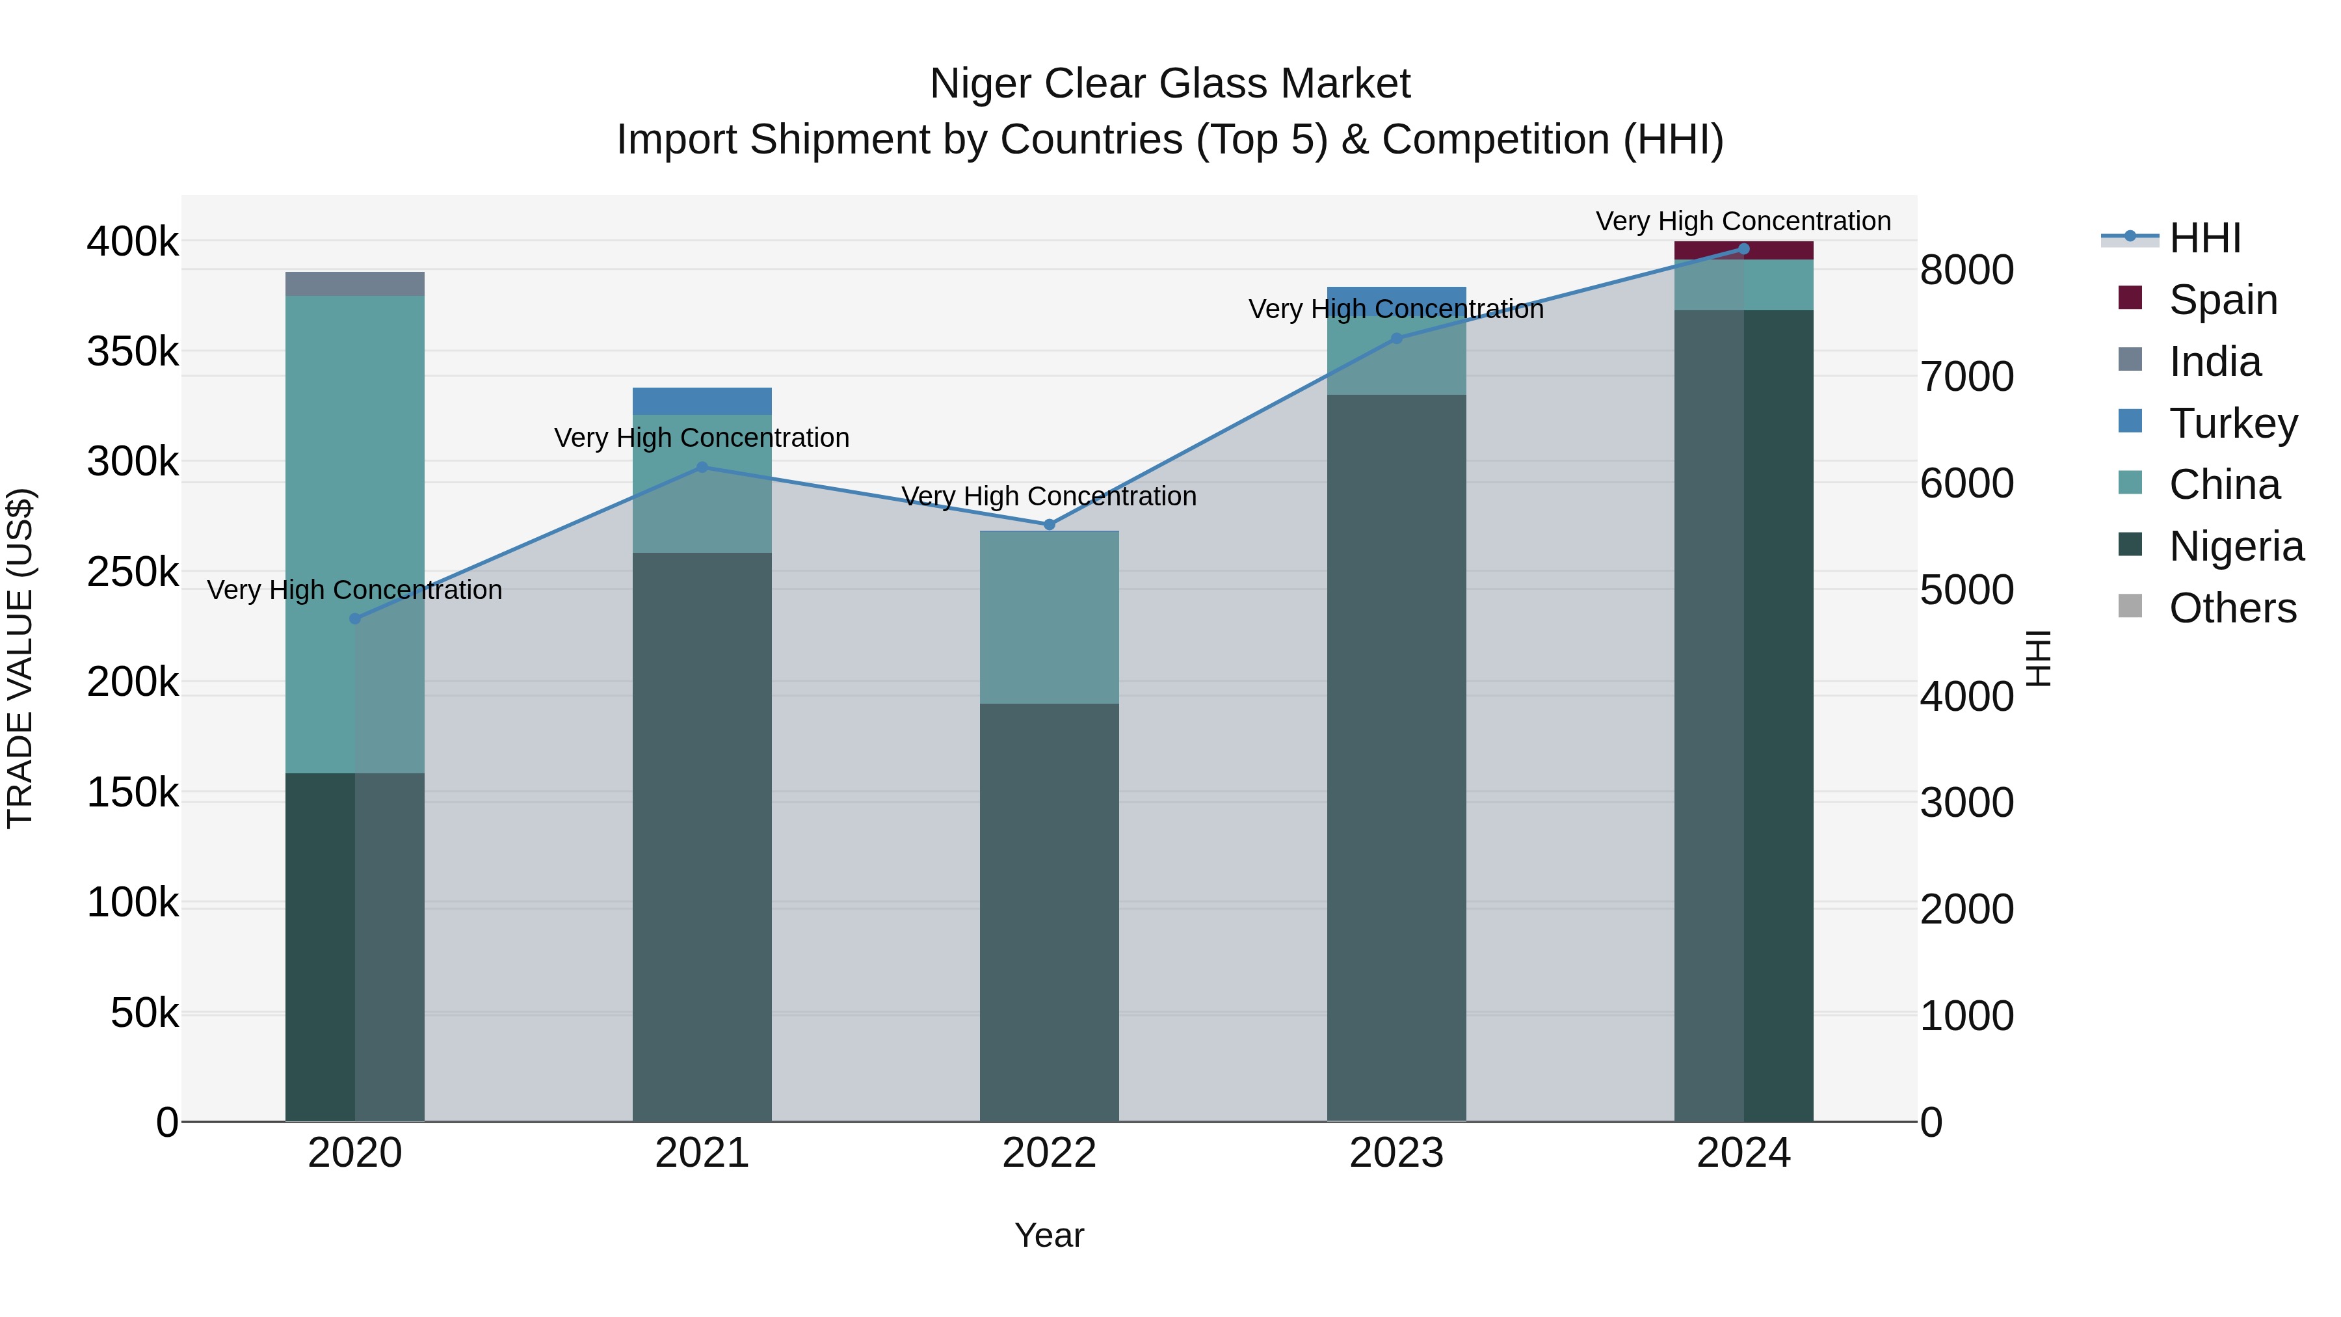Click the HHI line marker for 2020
[x=354, y=619]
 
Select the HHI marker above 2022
[x=1049, y=524]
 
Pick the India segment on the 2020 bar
[x=354, y=284]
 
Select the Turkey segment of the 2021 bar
[x=702, y=401]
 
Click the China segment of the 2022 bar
[x=1049, y=617]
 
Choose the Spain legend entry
[x=2221, y=300]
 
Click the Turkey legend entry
[x=2232, y=423]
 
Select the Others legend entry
[x=2231, y=608]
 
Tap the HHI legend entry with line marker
[x=2204, y=238]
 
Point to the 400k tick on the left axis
[x=133, y=243]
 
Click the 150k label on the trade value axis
[x=133, y=793]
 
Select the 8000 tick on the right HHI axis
[x=1966, y=270]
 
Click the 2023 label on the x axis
[x=1396, y=1153]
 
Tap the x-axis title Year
[x=1049, y=1235]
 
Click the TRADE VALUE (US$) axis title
[x=20, y=658]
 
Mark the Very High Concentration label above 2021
[x=702, y=438]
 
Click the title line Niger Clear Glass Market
[x=1170, y=85]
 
